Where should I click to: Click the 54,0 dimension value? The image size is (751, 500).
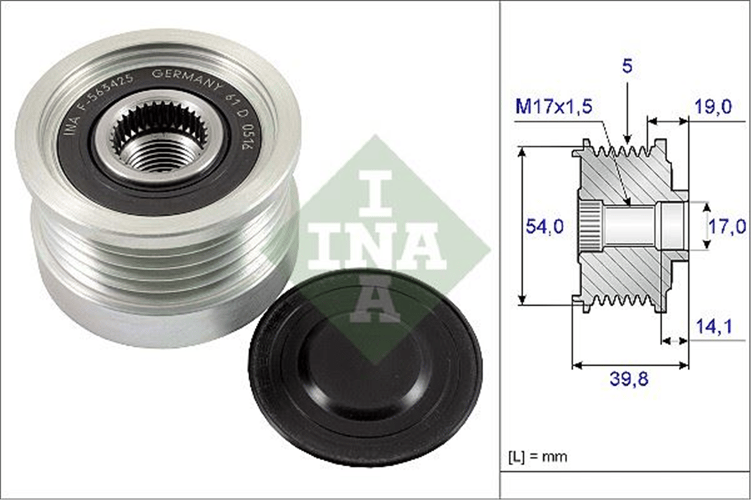coord(544,226)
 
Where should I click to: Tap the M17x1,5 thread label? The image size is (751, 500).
coord(554,107)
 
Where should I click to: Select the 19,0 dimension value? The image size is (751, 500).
coord(712,107)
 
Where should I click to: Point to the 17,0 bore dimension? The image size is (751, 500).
coord(727,227)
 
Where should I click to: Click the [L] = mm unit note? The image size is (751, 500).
coord(538,457)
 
